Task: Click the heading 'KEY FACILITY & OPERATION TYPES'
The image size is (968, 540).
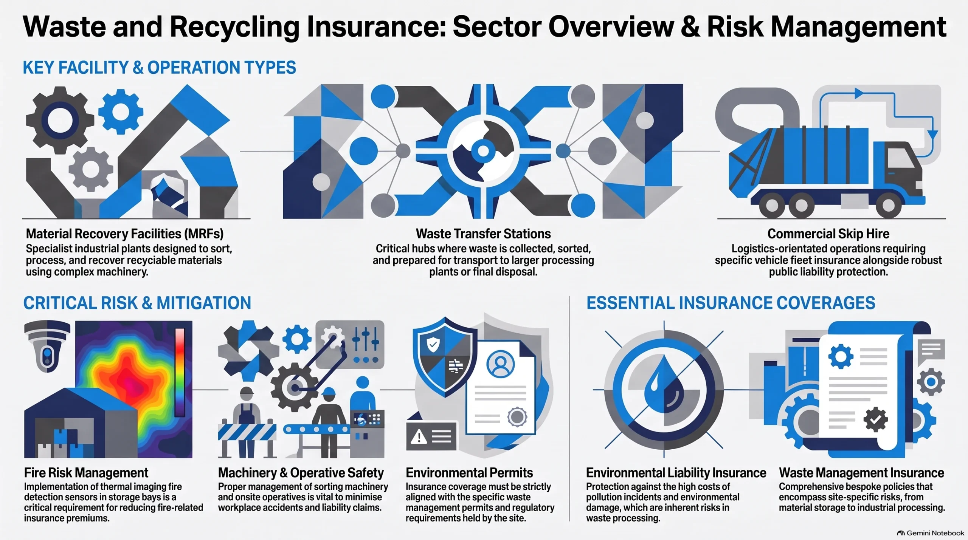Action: click(159, 68)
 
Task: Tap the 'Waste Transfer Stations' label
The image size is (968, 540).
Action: click(483, 234)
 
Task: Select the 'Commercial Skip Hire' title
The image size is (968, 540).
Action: click(828, 234)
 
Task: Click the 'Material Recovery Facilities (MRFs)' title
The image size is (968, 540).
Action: click(125, 234)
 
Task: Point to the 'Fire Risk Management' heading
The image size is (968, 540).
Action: click(86, 473)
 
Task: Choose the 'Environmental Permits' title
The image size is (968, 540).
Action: click(469, 473)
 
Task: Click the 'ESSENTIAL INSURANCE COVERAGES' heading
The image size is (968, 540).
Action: click(731, 303)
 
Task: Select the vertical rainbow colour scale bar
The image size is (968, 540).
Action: click(180, 372)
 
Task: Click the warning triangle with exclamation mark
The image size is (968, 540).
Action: click(419, 438)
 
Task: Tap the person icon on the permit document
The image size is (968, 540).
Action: click(501, 364)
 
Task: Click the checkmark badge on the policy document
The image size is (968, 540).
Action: click(876, 419)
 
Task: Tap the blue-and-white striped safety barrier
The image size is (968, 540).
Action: click(247, 432)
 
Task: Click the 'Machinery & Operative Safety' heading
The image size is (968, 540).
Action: click(301, 473)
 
